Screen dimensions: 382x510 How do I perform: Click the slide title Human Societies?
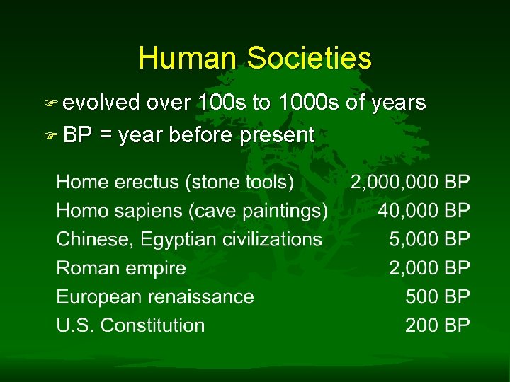coord(255,58)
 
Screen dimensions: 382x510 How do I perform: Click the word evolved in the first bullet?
coord(102,103)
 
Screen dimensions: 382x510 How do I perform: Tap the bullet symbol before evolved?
coord(55,104)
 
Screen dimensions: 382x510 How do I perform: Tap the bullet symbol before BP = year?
coord(55,135)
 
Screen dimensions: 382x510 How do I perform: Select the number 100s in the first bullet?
coord(222,103)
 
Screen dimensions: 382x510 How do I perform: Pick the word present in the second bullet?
coord(278,135)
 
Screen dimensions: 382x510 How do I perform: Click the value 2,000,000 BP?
coord(410,183)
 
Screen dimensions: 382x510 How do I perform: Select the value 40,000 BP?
coord(424,211)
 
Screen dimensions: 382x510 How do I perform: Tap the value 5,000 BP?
coord(429,240)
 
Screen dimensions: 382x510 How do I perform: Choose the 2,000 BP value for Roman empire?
coord(429,268)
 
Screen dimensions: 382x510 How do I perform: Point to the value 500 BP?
coord(438,297)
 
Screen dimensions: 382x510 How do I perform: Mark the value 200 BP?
coord(438,325)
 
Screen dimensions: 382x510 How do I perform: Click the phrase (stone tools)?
coord(239,183)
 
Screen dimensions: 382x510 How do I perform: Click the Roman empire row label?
coord(121,268)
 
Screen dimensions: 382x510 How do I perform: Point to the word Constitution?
coord(152,325)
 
